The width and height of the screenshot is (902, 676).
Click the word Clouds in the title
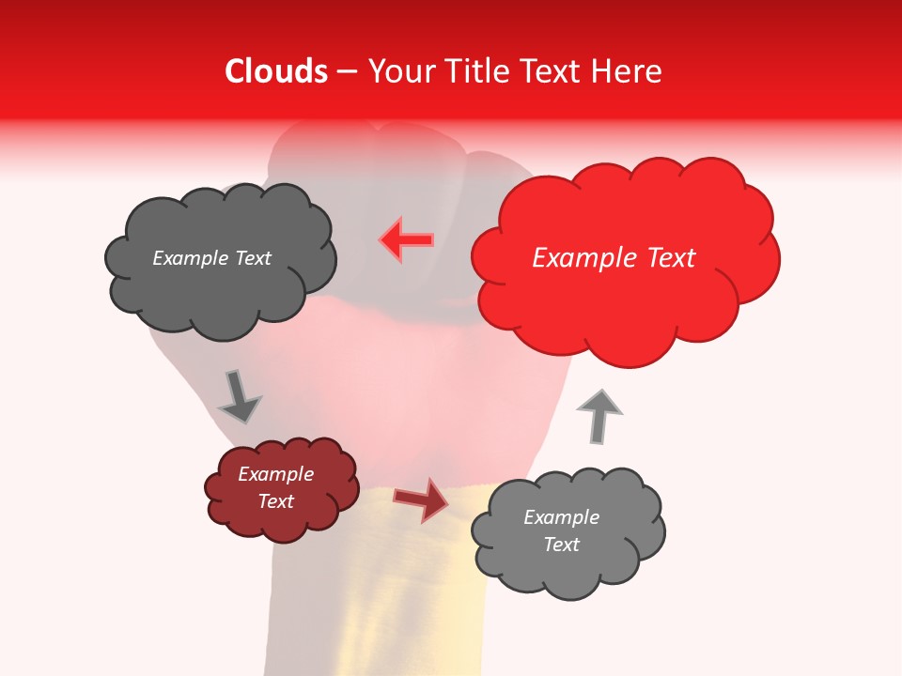[276, 71]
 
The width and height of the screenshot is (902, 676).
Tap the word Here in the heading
[628, 71]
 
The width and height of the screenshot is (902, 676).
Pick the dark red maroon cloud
[282, 521]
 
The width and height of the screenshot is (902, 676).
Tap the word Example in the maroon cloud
[276, 474]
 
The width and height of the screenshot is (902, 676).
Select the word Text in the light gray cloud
[561, 545]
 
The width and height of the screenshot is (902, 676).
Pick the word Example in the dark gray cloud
[190, 258]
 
